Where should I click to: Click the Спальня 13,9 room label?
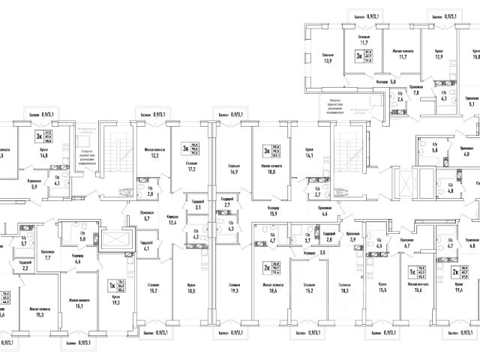(328, 57)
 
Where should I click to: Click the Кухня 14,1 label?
(308, 154)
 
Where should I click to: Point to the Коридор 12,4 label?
(172, 220)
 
